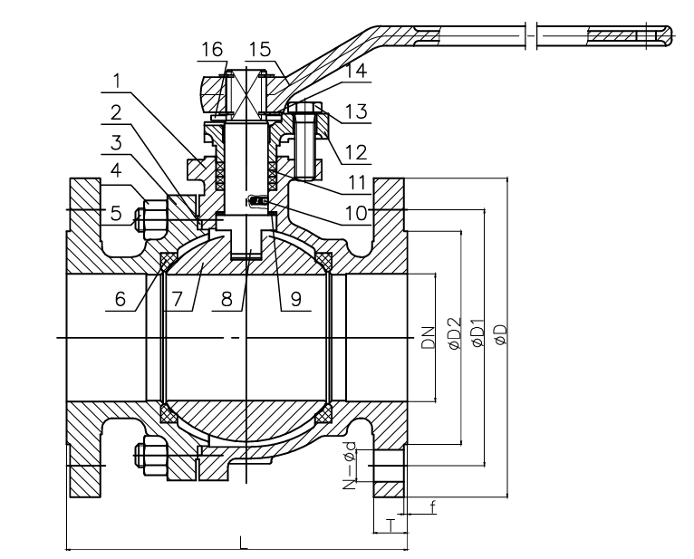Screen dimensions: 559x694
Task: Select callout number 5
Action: [116, 213]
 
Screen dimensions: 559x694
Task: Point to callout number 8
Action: [234, 300]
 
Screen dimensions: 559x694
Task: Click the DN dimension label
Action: [429, 337]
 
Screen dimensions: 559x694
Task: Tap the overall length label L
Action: [242, 541]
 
